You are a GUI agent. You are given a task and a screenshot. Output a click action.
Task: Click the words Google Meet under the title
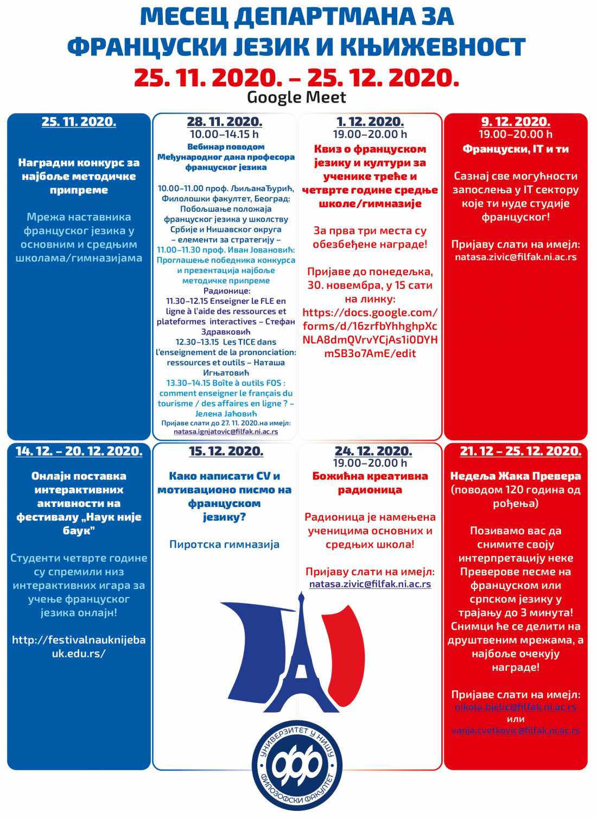pos(296,98)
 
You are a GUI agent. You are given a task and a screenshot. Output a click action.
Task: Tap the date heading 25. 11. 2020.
pos(79,122)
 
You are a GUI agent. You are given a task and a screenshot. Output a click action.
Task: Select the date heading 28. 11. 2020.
pos(224,122)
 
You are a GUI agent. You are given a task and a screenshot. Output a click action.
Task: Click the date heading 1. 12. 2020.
pos(370,122)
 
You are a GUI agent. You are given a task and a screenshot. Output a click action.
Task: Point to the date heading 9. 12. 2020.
pos(516,122)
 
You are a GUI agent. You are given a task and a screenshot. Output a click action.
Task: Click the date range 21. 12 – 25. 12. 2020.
pos(520,451)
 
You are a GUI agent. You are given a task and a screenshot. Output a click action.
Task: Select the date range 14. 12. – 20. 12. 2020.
pos(79,451)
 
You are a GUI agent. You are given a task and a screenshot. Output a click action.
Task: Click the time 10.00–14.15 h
pos(224,134)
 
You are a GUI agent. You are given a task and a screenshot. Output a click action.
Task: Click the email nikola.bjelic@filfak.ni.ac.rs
pos(515,707)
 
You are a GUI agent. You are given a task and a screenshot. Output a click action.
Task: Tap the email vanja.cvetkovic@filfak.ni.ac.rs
pos(515,731)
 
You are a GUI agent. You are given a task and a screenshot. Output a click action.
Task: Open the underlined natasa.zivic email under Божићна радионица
pos(370,585)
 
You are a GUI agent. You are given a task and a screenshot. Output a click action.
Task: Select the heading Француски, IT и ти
pos(516,149)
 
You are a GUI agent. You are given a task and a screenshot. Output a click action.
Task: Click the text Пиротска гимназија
pos(224,544)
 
